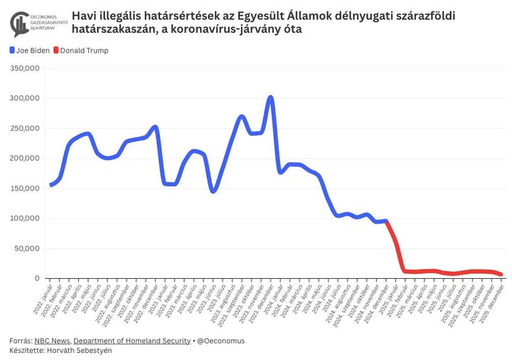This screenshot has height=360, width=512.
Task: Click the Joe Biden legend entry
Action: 29,51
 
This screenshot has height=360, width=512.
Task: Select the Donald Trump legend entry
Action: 85,51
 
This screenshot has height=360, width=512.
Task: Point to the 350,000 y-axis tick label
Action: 24,68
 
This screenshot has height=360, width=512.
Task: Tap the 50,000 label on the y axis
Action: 27,248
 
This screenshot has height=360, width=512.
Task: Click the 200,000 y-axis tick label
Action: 24,159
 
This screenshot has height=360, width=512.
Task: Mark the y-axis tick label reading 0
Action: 36,278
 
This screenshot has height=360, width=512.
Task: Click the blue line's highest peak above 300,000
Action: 270,97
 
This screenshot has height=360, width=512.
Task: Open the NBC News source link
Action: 52,341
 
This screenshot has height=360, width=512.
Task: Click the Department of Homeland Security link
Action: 132,341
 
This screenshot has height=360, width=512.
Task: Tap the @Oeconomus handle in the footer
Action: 221,341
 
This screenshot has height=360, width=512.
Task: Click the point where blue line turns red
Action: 385,221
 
